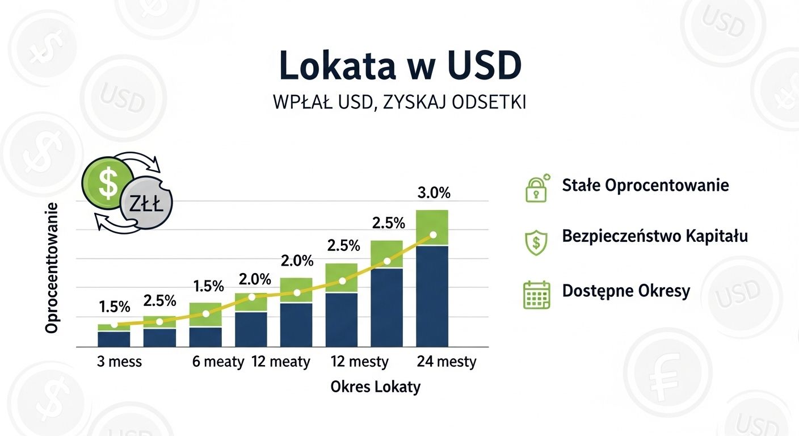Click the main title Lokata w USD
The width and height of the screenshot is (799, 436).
(x=399, y=66)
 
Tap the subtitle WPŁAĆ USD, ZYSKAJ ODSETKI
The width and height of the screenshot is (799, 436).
(x=399, y=103)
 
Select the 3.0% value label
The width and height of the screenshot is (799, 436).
(x=433, y=193)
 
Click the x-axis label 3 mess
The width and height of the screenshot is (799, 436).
(x=119, y=362)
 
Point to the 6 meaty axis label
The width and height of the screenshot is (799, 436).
(x=218, y=362)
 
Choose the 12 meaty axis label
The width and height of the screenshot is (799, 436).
(x=281, y=362)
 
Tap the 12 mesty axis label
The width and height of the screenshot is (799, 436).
(x=359, y=362)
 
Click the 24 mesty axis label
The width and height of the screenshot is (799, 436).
(x=447, y=362)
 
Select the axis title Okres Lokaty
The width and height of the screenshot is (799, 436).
(x=376, y=387)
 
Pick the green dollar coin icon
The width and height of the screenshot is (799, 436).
(x=107, y=180)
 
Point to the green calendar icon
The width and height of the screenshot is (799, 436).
(x=536, y=294)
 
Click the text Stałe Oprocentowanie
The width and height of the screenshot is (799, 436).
(x=645, y=185)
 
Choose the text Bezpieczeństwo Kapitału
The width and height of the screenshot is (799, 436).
(x=655, y=236)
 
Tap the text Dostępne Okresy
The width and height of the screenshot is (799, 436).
(x=626, y=291)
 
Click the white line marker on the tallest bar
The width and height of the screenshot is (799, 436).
(x=433, y=234)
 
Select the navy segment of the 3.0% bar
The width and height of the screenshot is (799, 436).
(x=432, y=295)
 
